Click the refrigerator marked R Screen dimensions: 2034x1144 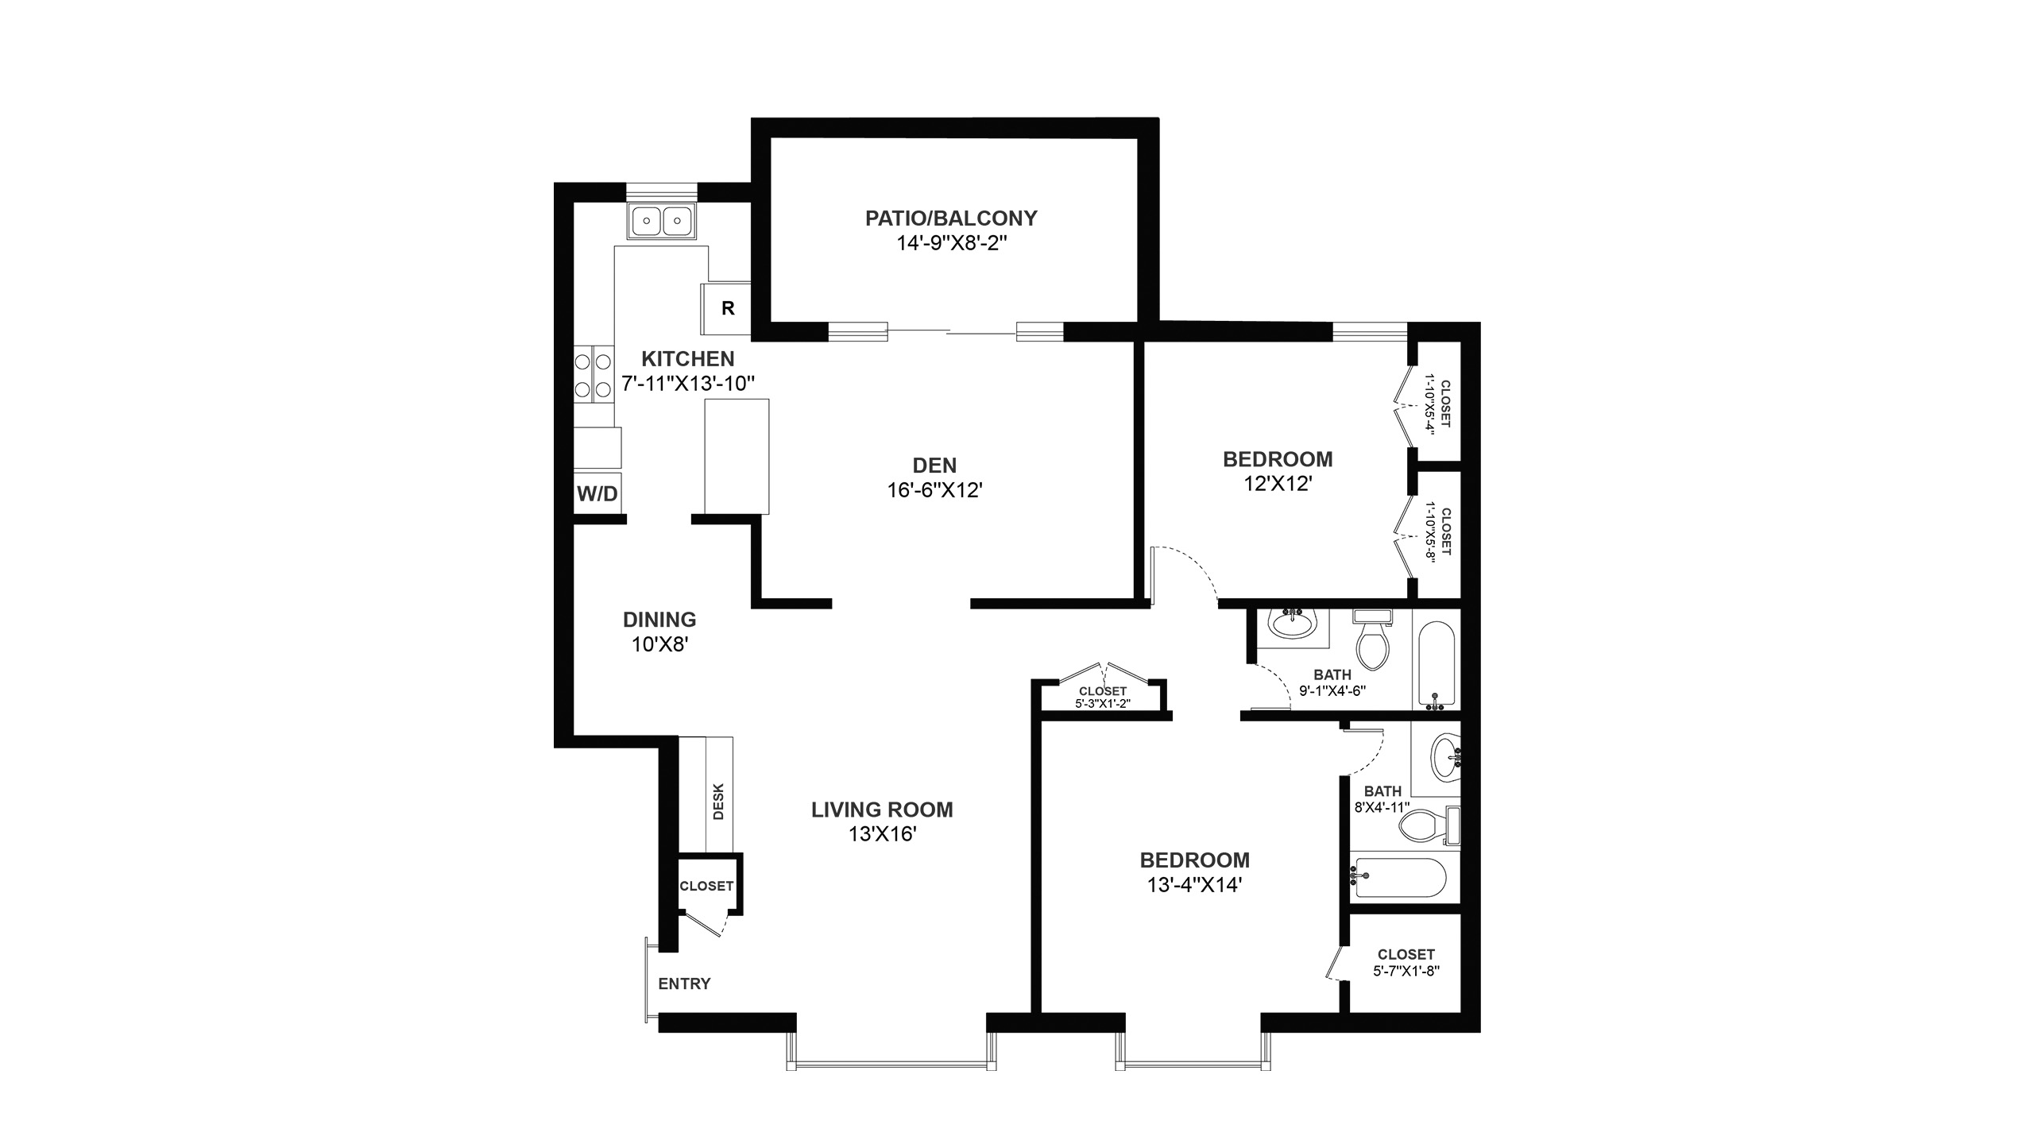click(x=725, y=308)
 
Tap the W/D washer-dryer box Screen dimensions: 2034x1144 click(x=597, y=493)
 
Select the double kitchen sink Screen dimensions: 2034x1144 click(x=661, y=219)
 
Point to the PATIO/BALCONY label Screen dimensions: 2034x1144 click(x=951, y=218)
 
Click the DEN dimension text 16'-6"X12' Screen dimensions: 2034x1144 click(x=934, y=490)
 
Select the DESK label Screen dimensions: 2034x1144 click(x=719, y=802)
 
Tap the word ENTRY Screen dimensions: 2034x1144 click(x=684, y=984)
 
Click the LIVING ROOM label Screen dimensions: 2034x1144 click(x=882, y=810)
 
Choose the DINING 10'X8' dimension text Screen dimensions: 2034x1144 click(x=659, y=643)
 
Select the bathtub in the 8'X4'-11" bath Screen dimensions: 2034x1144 click(x=1401, y=877)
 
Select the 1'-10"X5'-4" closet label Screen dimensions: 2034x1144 click(x=1437, y=404)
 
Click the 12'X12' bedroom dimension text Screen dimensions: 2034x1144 click(x=1278, y=483)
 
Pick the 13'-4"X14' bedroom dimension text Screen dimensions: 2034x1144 click(x=1195, y=884)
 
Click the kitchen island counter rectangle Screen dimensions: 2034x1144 click(x=737, y=456)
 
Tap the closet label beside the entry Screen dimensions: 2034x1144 click(x=706, y=886)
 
